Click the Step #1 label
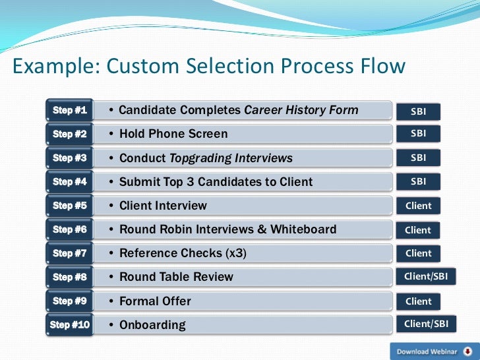[x=70, y=110]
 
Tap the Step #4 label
[x=70, y=181]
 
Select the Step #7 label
[x=70, y=253]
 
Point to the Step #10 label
[x=69, y=324]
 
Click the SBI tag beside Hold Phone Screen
[x=418, y=134]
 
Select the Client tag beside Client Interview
[x=418, y=206]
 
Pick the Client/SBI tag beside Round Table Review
[x=426, y=277]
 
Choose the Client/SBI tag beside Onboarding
[x=426, y=324]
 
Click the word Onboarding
[x=152, y=325]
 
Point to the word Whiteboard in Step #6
[x=303, y=229]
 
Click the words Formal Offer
[x=155, y=301]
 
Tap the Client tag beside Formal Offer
[x=418, y=301]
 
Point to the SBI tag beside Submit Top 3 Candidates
[x=418, y=181]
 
